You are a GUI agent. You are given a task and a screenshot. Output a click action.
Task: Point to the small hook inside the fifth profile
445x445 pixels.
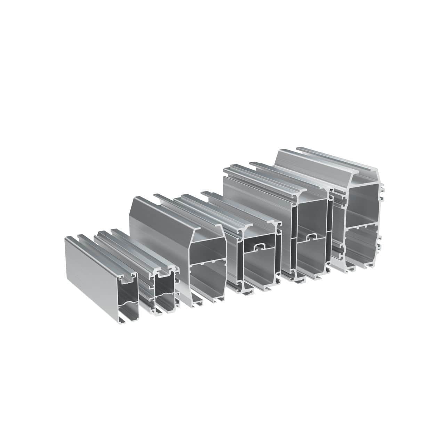coord(310,237)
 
